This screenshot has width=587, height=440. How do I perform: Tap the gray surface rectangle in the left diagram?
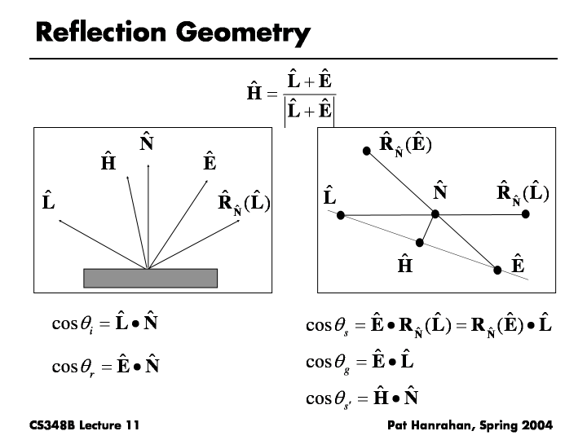[x=151, y=278]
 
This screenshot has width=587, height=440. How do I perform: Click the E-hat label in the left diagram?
[x=209, y=163]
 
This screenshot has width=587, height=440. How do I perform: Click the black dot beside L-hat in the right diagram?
[x=341, y=215]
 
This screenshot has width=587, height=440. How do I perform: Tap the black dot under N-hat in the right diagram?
[x=435, y=214]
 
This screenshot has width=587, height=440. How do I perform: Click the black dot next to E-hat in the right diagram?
[x=497, y=267]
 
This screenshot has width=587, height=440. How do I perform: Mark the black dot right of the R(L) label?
[x=526, y=213]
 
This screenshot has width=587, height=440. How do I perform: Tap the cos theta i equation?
[x=104, y=324]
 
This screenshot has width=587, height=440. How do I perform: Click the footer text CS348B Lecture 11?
[x=77, y=425]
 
